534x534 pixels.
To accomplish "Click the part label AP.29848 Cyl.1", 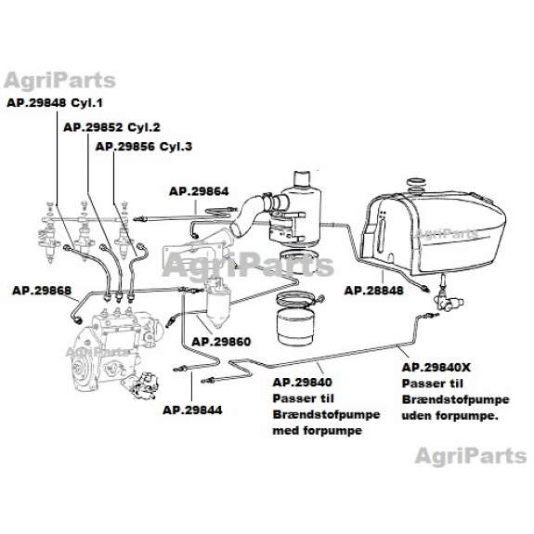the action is point(55,103).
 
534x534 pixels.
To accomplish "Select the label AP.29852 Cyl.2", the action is point(111,127).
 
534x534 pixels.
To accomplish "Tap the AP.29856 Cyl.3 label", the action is point(144,147).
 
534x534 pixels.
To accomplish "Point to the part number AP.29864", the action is point(199,191).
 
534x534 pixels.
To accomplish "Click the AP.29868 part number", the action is point(42,291).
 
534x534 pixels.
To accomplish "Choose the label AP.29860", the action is point(221,342).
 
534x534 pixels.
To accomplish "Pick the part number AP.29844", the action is point(192,410).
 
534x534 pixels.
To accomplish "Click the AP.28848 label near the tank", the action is point(373,291).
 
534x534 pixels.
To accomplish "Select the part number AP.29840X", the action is point(436,368).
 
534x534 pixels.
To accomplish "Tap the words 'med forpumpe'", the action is point(317,431).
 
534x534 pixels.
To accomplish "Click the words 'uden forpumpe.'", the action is point(449,415).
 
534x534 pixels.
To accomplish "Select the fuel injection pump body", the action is point(112,351).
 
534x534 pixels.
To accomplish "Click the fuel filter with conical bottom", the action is point(218,303).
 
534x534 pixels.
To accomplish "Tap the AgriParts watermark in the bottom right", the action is point(471,456).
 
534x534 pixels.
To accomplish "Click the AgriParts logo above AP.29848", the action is point(59,81).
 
